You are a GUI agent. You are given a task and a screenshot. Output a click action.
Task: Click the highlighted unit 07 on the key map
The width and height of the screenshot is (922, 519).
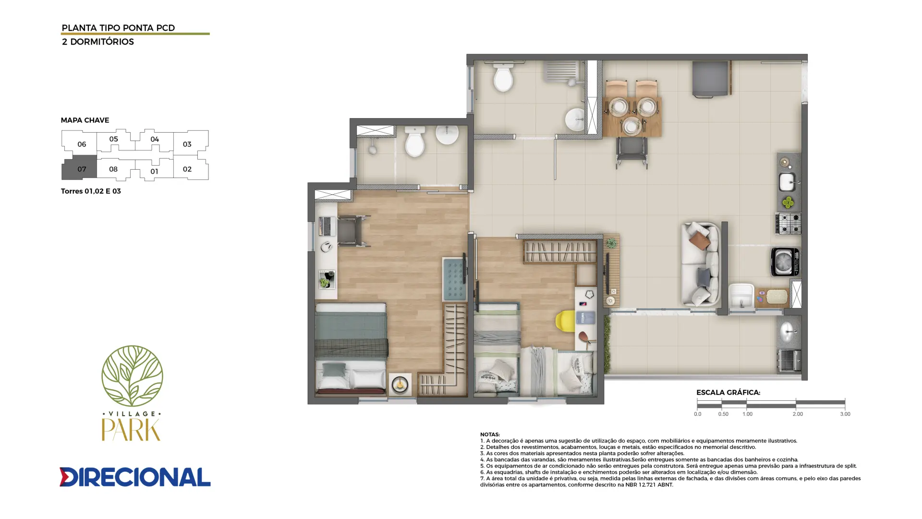pyautogui.click(x=80, y=169)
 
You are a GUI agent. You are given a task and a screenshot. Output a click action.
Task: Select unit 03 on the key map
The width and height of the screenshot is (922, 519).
pyautogui.click(x=191, y=143)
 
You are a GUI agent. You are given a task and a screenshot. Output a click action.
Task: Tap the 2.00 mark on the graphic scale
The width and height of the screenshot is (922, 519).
pyautogui.click(x=797, y=414)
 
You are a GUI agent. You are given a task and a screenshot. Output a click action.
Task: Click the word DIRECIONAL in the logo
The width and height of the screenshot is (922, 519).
pyautogui.click(x=135, y=477)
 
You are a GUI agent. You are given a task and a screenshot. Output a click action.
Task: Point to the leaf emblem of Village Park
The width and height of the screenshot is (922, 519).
pyautogui.click(x=132, y=375)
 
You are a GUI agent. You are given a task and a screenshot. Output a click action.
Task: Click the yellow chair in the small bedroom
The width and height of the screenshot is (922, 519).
pyautogui.click(x=565, y=321)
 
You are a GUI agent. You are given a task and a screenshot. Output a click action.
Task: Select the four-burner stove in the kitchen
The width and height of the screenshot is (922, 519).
pyautogui.click(x=788, y=223)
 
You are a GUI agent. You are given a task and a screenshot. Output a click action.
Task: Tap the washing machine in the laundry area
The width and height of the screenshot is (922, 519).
pyautogui.click(x=785, y=261)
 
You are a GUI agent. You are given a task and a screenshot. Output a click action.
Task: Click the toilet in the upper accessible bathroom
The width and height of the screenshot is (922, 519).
pyautogui.click(x=503, y=77)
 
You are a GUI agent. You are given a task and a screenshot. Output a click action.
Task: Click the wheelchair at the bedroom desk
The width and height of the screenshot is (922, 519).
pyautogui.click(x=353, y=230)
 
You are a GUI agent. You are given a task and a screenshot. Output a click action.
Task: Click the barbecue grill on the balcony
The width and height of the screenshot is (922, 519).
pyautogui.click(x=789, y=360)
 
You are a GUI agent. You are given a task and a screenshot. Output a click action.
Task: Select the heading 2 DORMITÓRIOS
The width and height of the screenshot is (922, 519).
pyautogui.click(x=98, y=42)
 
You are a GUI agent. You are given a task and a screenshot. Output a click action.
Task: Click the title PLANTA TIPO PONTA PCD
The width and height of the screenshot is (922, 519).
pyautogui.click(x=118, y=28)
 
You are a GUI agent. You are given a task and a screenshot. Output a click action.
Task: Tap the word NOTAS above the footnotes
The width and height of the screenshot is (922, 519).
pyautogui.click(x=490, y=434)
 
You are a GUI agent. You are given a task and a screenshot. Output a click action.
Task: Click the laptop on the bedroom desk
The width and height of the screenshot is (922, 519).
pyautogui.click(x=327, y=226)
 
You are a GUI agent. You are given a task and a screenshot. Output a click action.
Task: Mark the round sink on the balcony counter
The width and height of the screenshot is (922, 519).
pyautogui.click(x=789, y=331)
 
